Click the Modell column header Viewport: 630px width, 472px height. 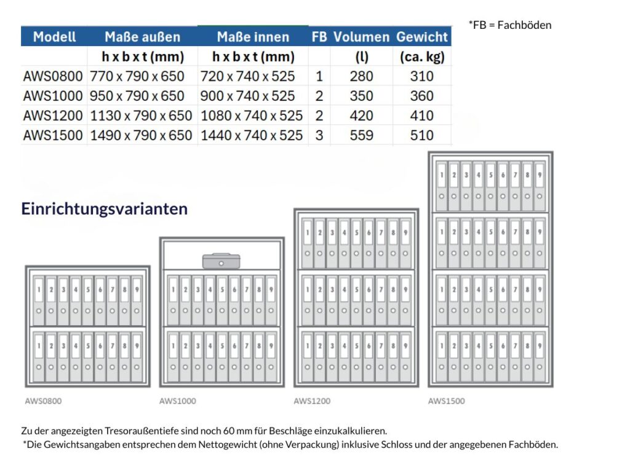[54, 36]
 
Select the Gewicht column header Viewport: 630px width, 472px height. [421, 36]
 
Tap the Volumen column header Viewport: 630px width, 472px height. [361, 36]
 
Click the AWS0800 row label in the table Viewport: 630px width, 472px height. [53, 76]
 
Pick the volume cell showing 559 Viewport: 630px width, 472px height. [361, 135]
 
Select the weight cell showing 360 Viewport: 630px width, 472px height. [421, 96]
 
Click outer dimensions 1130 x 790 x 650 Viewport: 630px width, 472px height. [141, 116]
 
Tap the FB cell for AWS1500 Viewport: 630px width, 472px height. [319, 135]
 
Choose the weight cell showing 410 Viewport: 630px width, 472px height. [421, 116]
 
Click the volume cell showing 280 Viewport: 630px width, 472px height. [361, 76]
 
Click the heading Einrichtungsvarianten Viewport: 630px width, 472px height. [105, 209]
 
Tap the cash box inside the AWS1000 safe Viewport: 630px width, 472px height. [221, 261]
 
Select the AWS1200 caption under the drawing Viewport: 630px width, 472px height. [312, 401]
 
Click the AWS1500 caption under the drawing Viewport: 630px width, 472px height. [447, 401]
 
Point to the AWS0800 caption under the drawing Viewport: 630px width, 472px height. [43, 401]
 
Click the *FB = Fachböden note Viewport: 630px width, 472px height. [510, 25]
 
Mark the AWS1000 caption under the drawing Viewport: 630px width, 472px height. [178, 401]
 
